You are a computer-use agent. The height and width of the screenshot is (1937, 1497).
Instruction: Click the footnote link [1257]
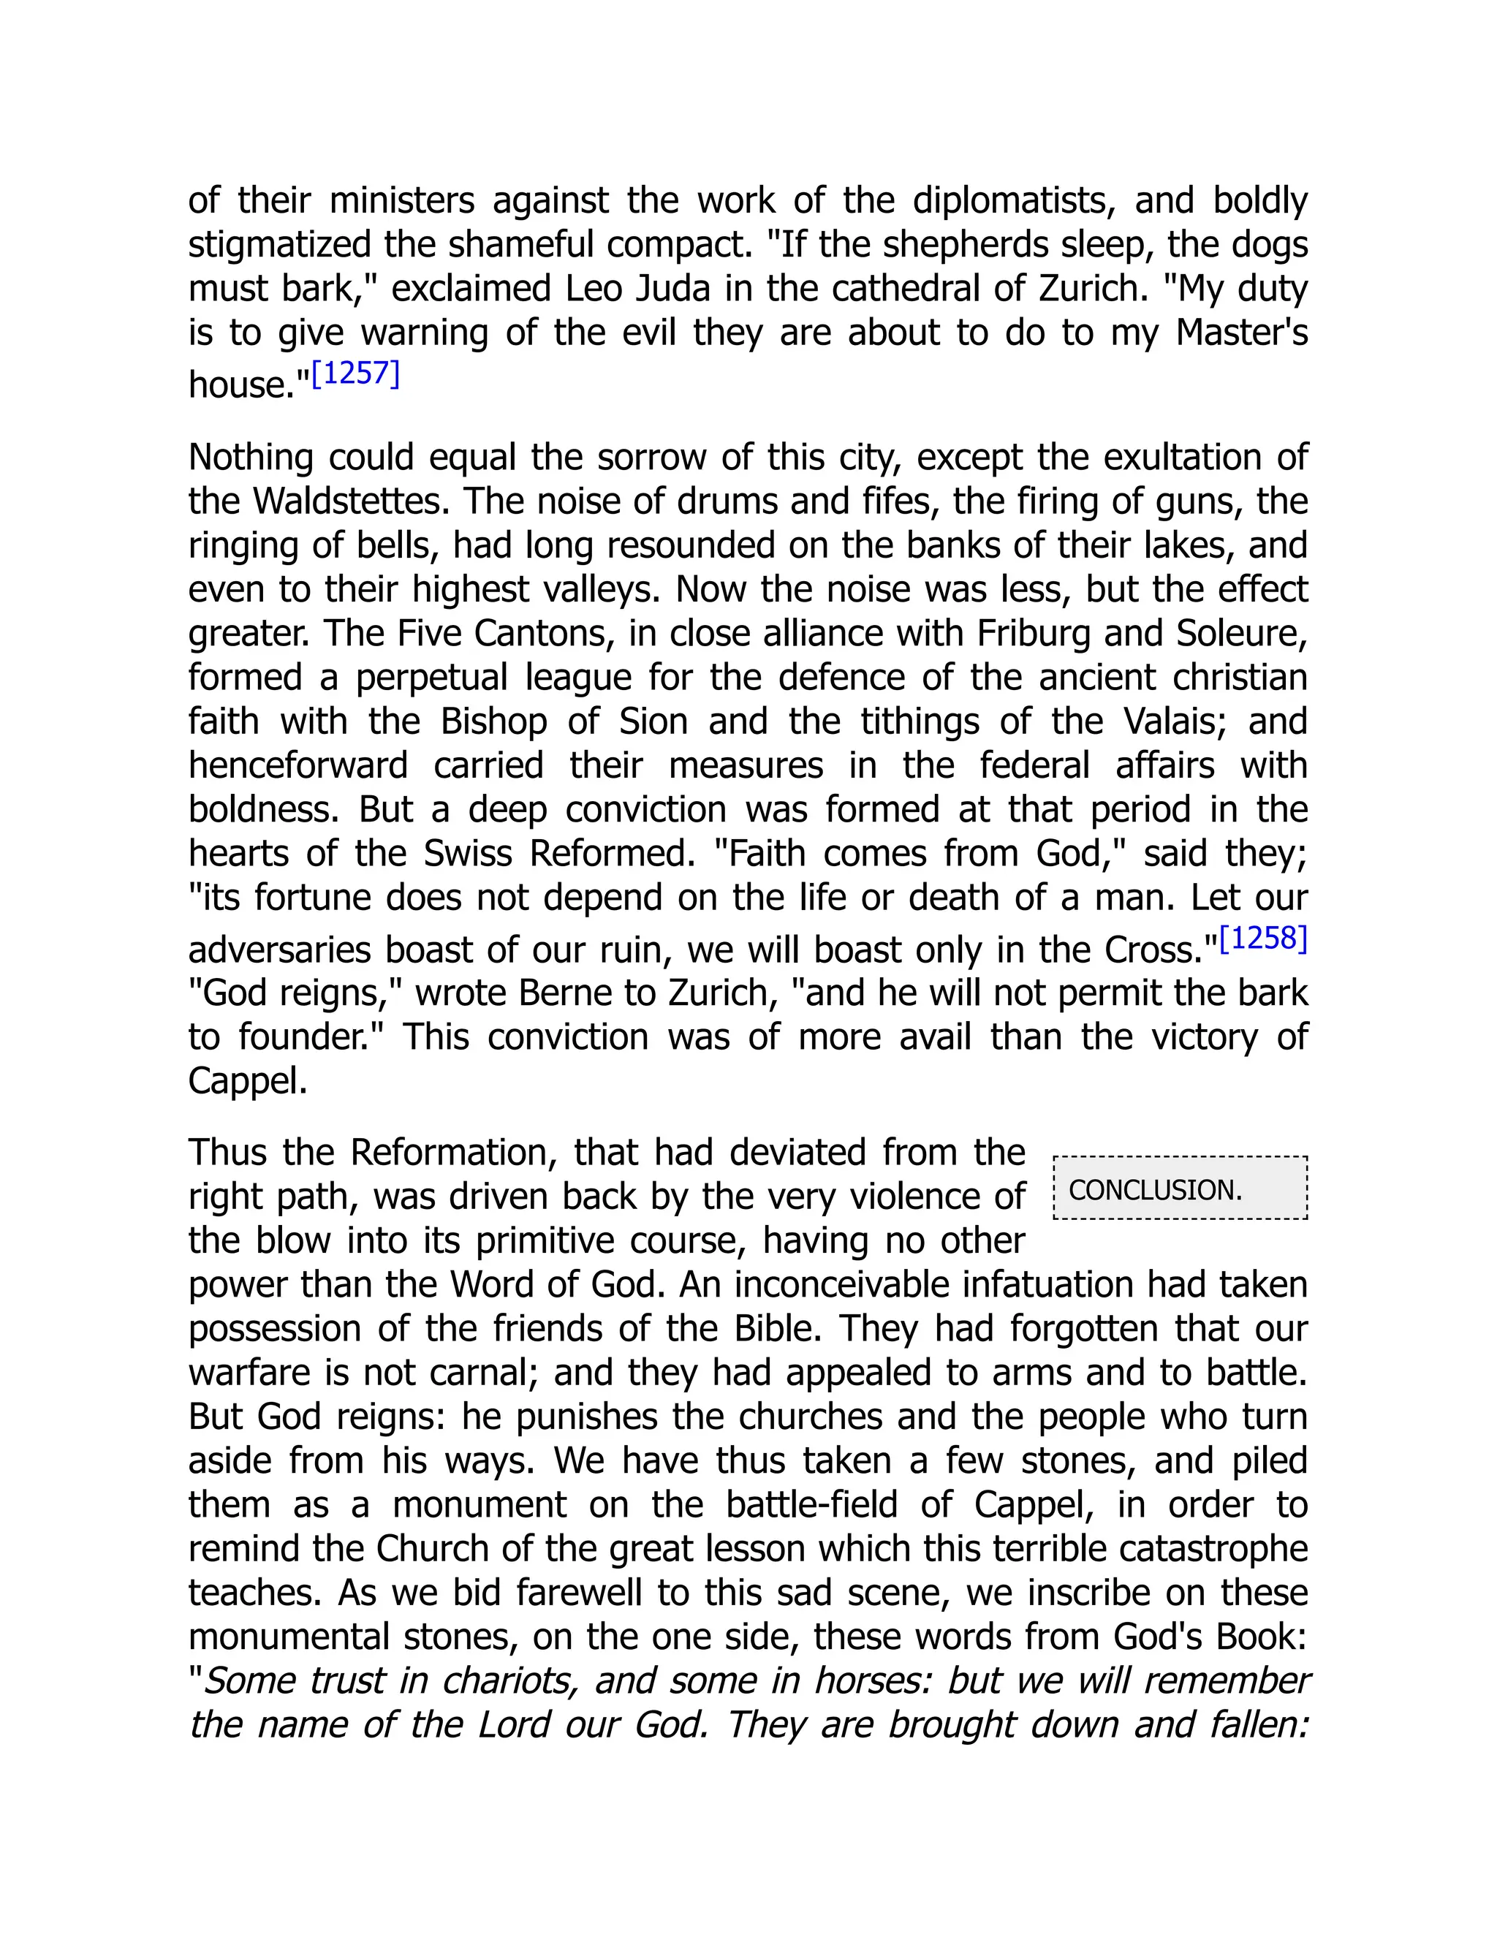[356, 374]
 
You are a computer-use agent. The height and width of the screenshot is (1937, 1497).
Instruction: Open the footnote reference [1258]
[1263, 939]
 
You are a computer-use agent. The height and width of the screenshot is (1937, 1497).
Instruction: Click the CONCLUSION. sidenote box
[1180, 1189]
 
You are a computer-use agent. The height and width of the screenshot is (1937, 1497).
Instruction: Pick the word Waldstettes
[345, 502]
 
